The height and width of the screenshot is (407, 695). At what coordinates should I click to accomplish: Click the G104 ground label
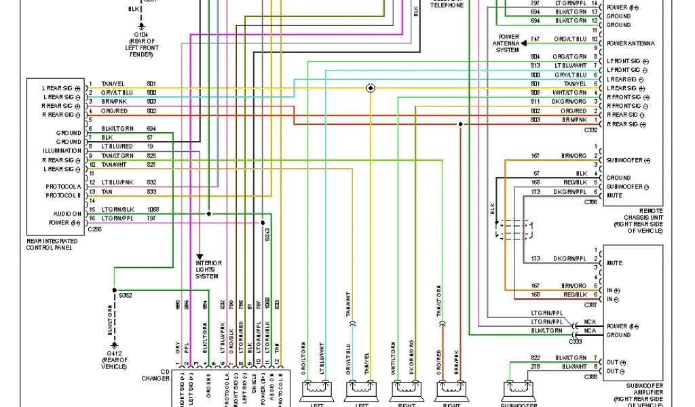click(x=140, y=33)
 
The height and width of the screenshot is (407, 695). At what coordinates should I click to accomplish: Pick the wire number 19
click(x=150, y=147)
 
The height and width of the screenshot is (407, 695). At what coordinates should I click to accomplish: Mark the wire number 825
click(x=151, y=155)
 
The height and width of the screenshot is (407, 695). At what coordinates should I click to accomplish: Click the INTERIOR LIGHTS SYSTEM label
click(x=208, y=269)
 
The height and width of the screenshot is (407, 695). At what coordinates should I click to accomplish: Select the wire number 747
click(x=536, y=39)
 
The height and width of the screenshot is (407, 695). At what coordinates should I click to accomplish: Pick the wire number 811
click(x=536, y=101)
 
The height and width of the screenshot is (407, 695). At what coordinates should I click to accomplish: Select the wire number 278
click(x=536, y=366)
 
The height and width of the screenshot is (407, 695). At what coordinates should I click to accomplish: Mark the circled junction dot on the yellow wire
click(x=370, y=88)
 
